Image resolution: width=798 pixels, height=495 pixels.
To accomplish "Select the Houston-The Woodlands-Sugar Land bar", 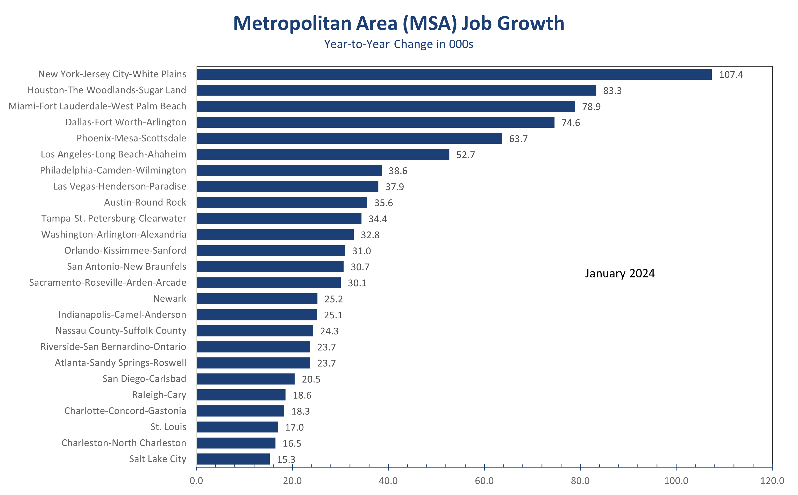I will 396,90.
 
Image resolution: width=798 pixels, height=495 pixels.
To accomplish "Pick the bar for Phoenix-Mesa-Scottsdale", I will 349,139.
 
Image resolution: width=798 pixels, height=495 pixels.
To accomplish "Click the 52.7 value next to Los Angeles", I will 465,155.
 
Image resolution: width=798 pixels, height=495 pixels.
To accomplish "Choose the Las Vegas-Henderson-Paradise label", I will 120,186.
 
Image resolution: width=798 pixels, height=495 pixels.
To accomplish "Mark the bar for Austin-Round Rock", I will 282,203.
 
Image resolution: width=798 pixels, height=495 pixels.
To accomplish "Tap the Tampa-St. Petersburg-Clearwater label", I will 114,218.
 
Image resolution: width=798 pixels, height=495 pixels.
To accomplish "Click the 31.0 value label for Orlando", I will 361,251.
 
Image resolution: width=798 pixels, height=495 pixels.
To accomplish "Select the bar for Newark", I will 257,299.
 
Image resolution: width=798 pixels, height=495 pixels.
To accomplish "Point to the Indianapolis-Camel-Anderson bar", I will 256,315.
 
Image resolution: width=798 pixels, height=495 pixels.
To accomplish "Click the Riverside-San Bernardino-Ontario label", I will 113,347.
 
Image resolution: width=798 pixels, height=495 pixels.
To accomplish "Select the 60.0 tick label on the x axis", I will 484,481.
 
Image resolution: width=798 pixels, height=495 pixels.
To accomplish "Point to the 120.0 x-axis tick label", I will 772,481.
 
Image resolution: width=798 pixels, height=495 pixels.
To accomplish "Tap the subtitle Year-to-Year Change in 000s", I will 398,44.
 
